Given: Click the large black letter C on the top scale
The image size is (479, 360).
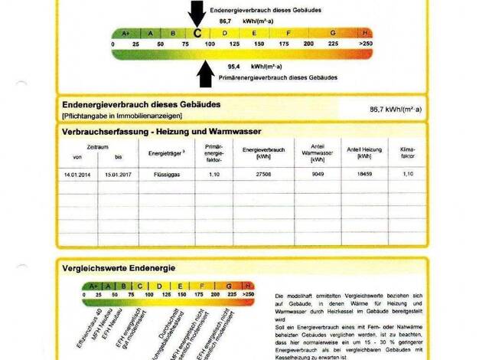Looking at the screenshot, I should coord(197,33).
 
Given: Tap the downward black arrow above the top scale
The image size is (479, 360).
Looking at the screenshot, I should coord(197,13).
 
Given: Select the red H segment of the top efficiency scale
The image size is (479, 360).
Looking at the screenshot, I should coord(366,33).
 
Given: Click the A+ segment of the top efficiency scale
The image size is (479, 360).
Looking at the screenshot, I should coord(125,33).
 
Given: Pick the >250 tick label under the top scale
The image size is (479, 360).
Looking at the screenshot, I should coord(366,44).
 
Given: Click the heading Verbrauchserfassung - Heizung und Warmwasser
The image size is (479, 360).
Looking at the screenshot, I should coord(161,131).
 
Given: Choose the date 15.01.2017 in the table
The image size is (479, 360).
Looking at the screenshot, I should coord(118,175).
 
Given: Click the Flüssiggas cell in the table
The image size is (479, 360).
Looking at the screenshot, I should coord(165,175).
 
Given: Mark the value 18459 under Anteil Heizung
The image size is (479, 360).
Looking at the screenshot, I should coord(359,175).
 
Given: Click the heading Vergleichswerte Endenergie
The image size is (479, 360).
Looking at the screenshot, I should coord(119,268).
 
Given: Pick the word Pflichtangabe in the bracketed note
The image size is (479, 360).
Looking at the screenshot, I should coord(83,115).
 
